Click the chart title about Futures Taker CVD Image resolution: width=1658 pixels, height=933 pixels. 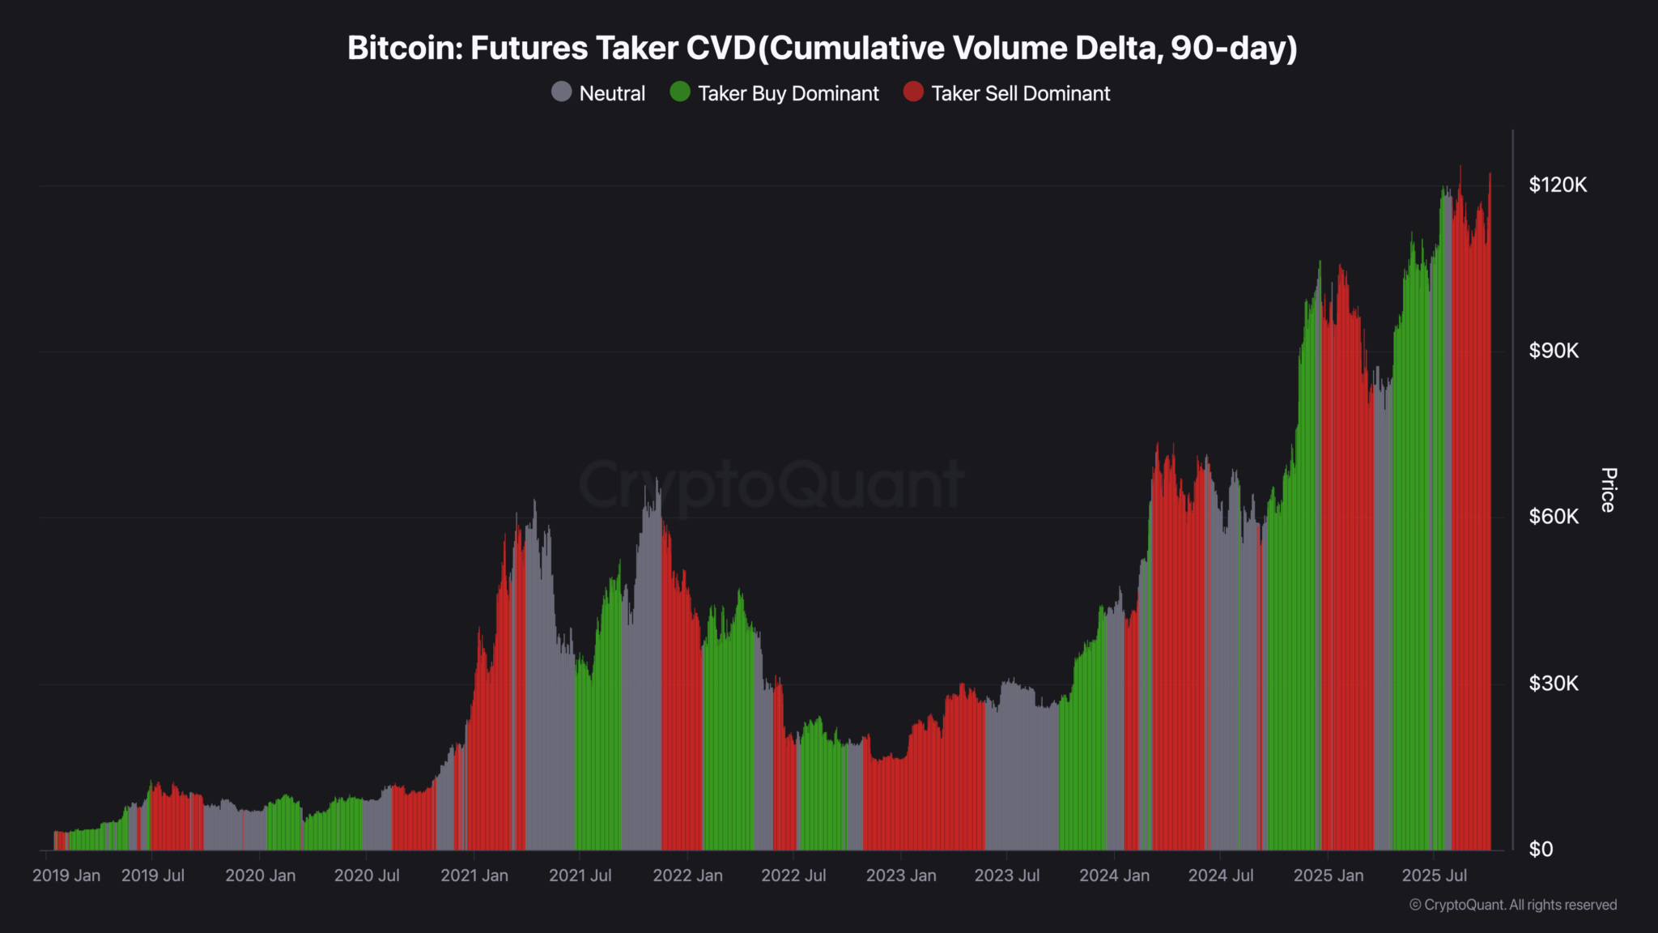pos(822,49)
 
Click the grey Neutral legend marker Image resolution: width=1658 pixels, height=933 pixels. pos(561,92)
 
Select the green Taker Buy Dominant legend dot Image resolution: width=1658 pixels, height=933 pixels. pos(680,92)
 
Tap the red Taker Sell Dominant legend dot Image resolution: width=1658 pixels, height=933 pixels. pos(913,92)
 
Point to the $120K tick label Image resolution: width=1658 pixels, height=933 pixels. pos(1558,185)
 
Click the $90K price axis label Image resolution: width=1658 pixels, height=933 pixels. pos(1554,351)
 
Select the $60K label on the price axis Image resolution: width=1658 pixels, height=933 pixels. pos(1554,517)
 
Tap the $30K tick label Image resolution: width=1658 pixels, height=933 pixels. pos(1554,684)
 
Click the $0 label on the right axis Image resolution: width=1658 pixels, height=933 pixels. pos(1541,850)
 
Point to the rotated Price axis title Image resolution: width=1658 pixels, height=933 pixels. pos(1609,490)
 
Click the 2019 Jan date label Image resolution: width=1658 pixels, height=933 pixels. pos(66,875)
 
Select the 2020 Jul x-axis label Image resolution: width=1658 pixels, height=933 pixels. pos(367,875)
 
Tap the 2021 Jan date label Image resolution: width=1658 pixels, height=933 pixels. pos(474,875)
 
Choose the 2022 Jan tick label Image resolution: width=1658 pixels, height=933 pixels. pos(687,875)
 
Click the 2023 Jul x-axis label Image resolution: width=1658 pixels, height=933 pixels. pos(1007,875)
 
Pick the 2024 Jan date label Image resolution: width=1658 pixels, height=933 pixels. pos(1114,875)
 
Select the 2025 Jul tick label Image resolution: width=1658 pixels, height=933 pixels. pos(1434,875)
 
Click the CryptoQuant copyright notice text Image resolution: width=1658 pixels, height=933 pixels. pos(1513,905)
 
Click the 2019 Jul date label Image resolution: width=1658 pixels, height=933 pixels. pos(153,875)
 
